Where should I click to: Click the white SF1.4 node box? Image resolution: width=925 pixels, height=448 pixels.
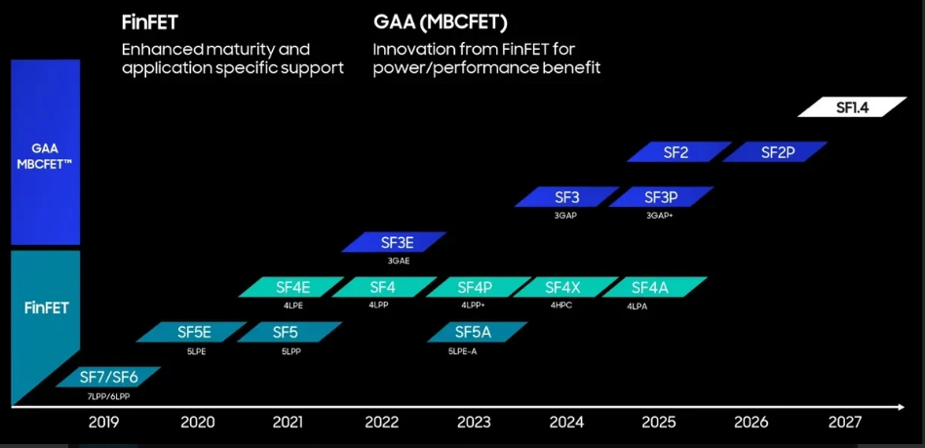click(845, 108)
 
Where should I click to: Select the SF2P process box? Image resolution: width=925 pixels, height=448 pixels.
click(776, 152)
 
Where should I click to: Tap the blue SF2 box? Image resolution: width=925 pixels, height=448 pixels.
click(677, 152)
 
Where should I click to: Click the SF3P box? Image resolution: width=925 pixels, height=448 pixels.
click(660, 197)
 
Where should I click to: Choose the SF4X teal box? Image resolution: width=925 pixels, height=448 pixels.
click(562, 287)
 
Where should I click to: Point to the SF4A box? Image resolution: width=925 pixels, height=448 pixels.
click(650, 287)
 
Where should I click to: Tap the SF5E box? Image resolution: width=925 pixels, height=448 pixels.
click(194, 332)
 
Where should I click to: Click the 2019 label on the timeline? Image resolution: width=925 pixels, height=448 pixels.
click(104, 423)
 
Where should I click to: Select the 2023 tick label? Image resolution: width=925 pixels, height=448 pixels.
click(474, 423)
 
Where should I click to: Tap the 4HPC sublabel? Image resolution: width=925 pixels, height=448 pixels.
click(561, 305)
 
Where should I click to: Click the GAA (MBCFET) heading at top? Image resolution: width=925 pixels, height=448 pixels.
click(440, 20)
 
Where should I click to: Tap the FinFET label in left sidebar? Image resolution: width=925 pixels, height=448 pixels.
click(45, 307)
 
